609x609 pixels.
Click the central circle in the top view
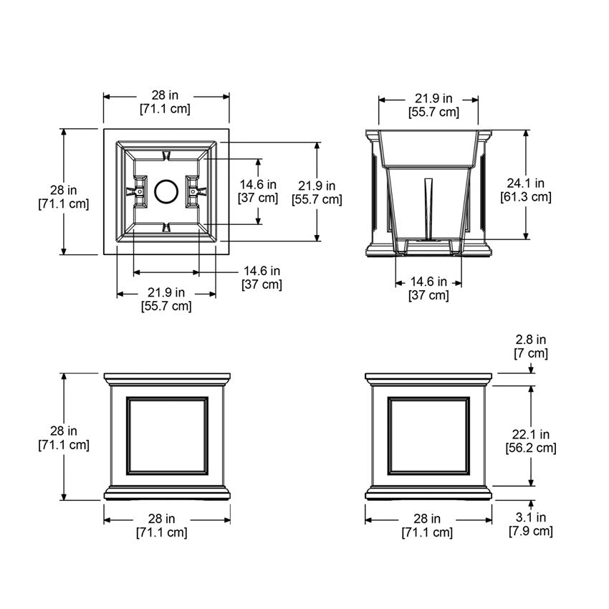click(x=166, y=192)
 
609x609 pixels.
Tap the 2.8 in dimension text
click(x=530, y=340)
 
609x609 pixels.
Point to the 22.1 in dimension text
click(x=531, y=434)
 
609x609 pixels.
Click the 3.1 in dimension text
click(x=530, y=517)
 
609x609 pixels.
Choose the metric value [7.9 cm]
click(x=531, y=531)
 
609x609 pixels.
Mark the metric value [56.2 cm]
click(x=531, y=448)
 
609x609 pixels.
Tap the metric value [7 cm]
click(x=530, y=353)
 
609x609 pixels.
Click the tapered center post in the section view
click(x=428, y=208)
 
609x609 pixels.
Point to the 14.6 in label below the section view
click(x=428, y=282)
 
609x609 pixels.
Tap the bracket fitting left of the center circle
click(x=135, y=192)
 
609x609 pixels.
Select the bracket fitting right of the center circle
click(x=196, y=191)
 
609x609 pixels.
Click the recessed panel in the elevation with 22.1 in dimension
click(x=428, y=435)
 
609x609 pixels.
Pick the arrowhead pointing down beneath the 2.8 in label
click(x=531, y=369)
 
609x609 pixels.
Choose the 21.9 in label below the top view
click(x=166, y=292)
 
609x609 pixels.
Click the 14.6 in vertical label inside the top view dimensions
click(x=257, y=184)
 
